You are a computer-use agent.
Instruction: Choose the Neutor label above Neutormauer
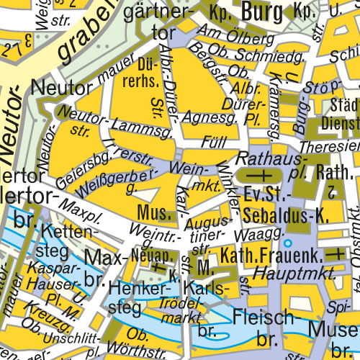point(58,87)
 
